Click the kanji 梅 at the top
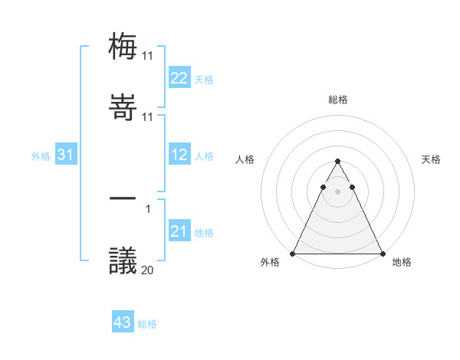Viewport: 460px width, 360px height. click(x=123, y=46)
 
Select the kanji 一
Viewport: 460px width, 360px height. click(x=123, y=199)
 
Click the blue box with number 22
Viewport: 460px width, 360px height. click(x=179, y=78)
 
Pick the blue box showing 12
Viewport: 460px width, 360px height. click(x=179, y=155)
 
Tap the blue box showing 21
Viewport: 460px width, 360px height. click(x=179, y=231)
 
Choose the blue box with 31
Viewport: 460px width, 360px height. click(x=66, y=155)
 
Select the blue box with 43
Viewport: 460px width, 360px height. click(x=123, y=322)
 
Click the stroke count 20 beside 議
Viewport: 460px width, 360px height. click(x=148, y=270)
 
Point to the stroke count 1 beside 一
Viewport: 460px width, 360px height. click(x=148, y=208)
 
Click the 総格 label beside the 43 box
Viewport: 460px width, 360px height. click(x=147, y=324)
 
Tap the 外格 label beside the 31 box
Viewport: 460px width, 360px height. click(x=41, y=156)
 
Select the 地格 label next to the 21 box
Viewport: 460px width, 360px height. click(x=204, y=233)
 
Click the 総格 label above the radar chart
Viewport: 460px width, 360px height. click(x=337, y=100)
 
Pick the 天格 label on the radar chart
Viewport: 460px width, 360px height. click(x=431, y=159)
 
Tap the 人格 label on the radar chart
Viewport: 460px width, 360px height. click(x=245, y=159)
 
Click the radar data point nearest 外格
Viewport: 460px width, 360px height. click(x=293, y=254)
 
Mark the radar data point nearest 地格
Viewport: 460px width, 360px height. click(x=382, y=254)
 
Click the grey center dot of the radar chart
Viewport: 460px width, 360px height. click(x=337, y=191)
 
